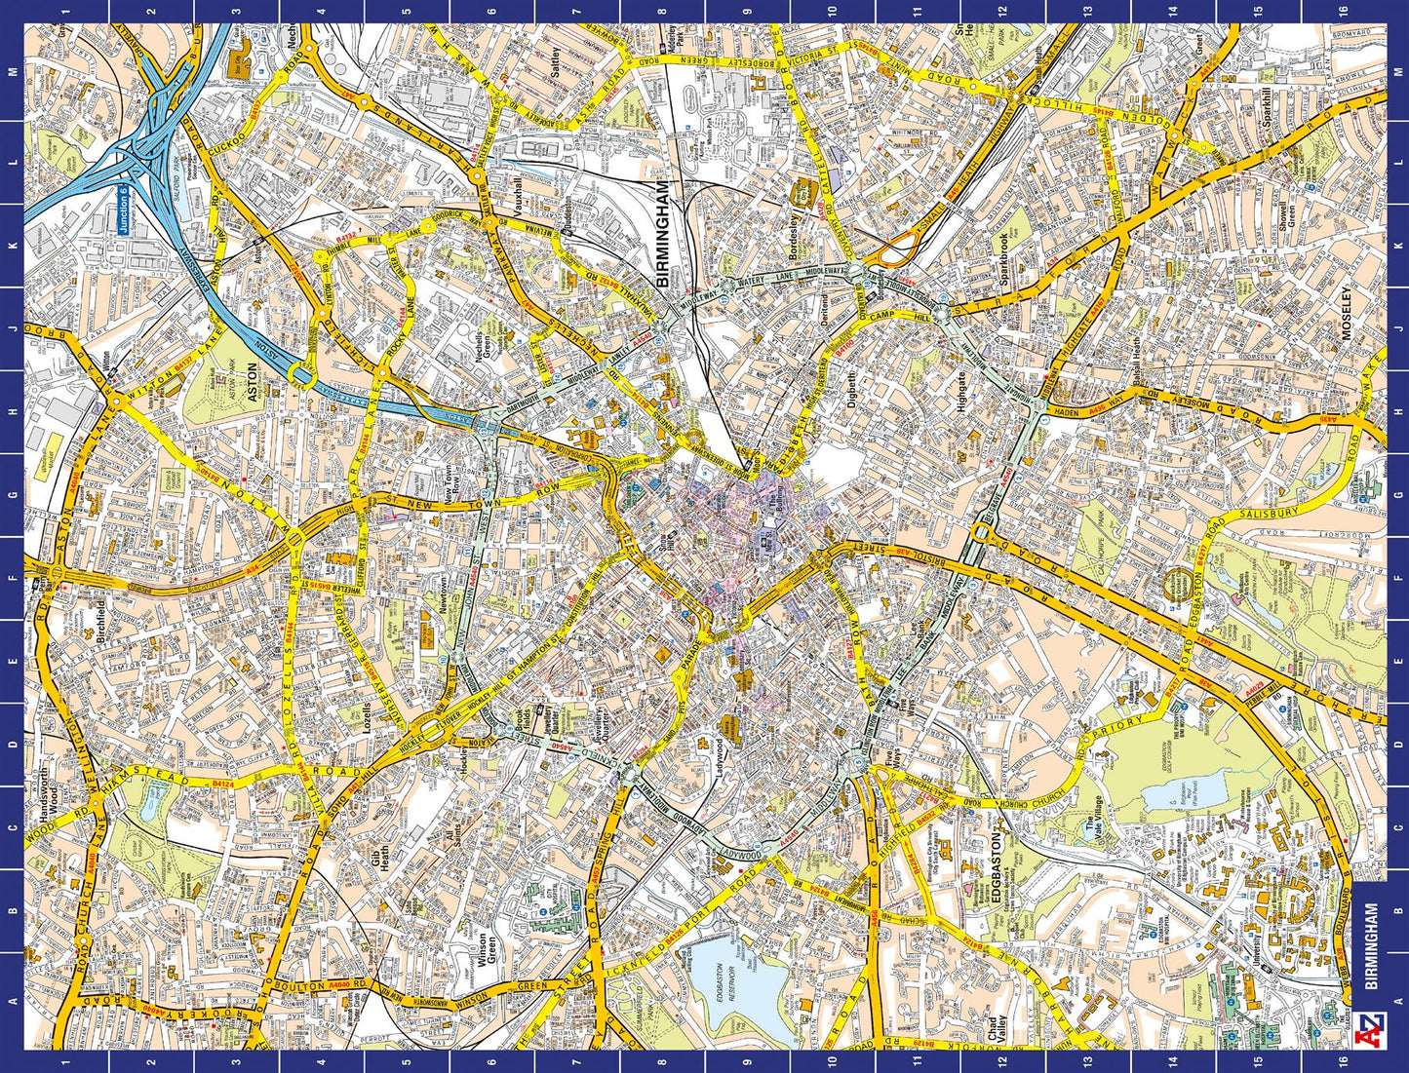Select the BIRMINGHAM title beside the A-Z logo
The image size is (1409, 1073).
tap(1371, 945)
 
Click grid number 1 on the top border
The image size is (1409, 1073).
tap(65, 11)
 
